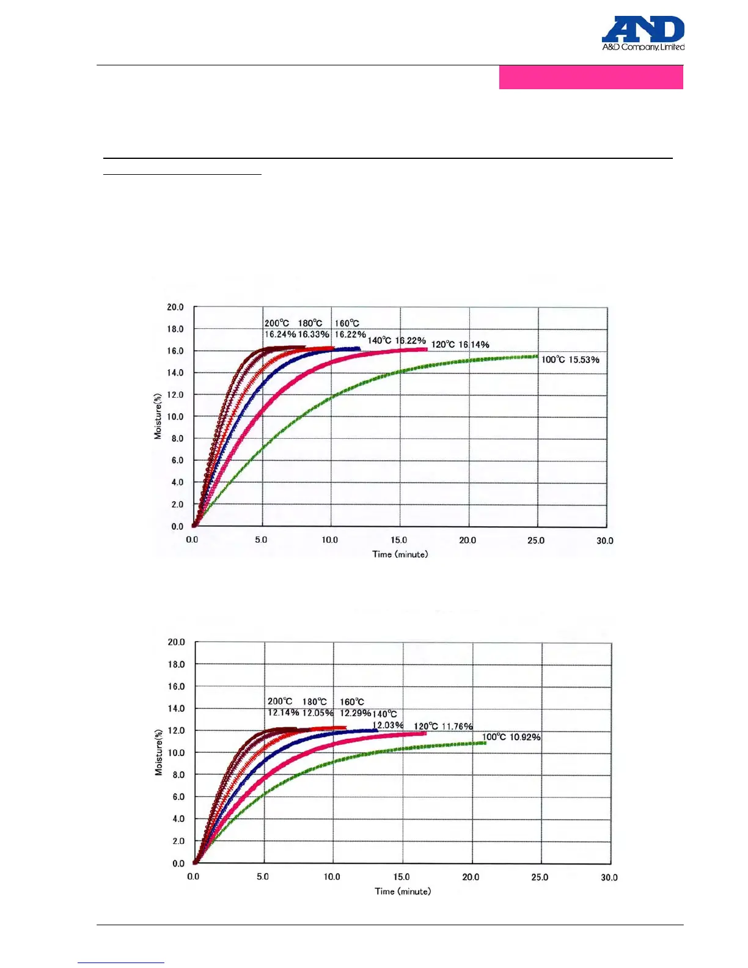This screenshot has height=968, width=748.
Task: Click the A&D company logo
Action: click(x=643, y=34)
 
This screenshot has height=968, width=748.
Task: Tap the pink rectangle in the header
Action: click(x=590, y=78)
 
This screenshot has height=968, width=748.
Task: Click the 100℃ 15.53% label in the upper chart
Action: click(x=570, y=360)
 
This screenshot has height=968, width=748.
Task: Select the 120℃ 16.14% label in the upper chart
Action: click(x=460, y=345)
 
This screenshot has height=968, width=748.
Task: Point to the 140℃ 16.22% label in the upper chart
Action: click(x=397, y=340)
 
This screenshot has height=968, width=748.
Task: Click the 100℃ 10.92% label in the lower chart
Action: click(x=512, y=737)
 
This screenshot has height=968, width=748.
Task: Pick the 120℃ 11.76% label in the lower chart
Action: click(x=443, y=727)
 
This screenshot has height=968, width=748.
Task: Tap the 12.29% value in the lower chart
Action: click(x=355, y=713)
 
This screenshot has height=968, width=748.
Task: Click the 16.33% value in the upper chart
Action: click(x=313, y=334)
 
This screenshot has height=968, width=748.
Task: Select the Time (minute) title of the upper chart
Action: click(x=400, y=554)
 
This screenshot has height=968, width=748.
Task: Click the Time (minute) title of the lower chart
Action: click(x=403, y=892)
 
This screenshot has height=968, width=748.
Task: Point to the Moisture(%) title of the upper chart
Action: click(x=158, y=416)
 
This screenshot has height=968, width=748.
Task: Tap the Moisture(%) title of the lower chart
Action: click(x=159, y=752)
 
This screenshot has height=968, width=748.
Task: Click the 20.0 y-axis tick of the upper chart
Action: click(x=175, y=307)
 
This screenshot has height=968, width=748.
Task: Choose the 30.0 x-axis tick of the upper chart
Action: click(x=604, y=541)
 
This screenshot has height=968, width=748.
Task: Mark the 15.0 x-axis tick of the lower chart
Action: click(x=402, y=877)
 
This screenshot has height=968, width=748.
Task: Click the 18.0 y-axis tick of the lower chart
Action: click(x=176, y=664)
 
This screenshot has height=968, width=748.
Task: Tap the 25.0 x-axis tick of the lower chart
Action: click(x=540, y=877)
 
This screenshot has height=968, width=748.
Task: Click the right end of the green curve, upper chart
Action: click(x=537, y=356)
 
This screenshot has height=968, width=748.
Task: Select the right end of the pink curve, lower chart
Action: click(x=425, y=733)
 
